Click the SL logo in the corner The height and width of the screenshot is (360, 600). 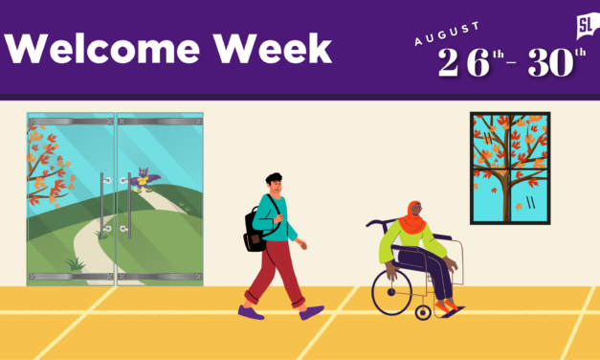point(585,26)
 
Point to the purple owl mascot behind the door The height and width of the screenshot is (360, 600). point(144,180)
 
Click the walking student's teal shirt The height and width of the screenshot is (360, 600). point(277,219)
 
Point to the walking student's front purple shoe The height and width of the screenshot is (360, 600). point(312,312)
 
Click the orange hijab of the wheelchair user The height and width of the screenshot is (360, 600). point(412,220)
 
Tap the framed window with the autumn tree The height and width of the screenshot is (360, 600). point(509,168)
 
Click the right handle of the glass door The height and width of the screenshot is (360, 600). point(128,201)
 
